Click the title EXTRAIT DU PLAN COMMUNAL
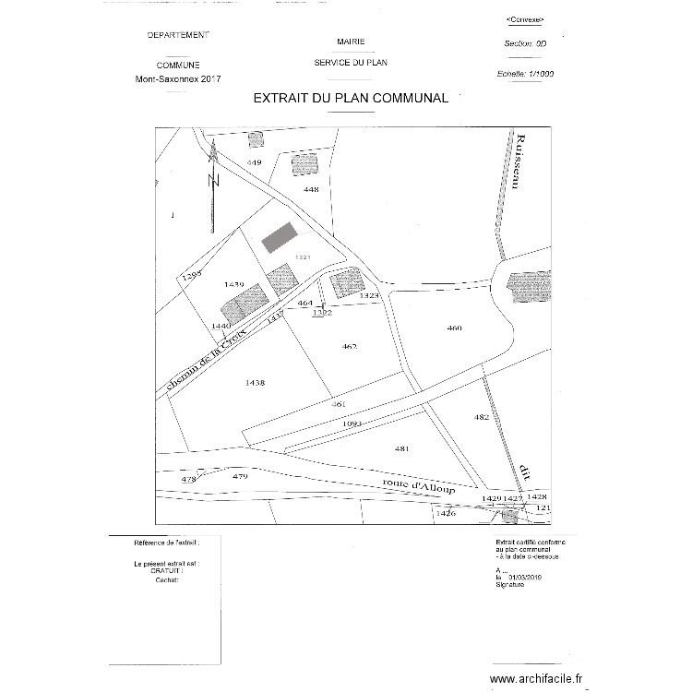click(x=351, y=98)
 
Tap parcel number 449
click(x=255, y=162)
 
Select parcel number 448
click(x=311, y=189)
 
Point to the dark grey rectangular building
click(x=278, y=236)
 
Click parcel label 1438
click(x=256, y=382)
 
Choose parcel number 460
click(x=453, y=328)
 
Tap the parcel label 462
click(x=349, y=347)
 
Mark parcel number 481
click(x=400, y=448)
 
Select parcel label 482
click(x=481, y=417)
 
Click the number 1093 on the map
click(x=351, y=424)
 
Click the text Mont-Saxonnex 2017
click(x=178, y=80)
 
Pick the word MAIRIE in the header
click(x=351, y=42)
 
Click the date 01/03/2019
click(x=528, y=578)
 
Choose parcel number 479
click(x=240, y=476)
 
